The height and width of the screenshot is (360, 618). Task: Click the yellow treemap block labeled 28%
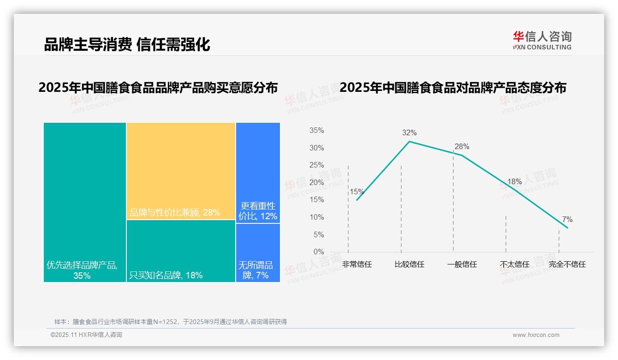point(181,171)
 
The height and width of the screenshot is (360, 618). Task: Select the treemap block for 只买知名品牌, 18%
point(181,251)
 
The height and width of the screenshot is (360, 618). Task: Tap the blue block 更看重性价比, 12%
point(258,173)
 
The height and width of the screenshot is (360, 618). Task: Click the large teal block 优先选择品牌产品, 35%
point(85,202)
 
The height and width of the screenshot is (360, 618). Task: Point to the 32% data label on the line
point(409,133)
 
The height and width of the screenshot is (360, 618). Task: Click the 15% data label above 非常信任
point(357,192)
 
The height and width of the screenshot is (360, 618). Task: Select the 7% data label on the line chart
point(567,219)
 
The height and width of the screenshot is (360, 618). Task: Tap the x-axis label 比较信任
point(409,264)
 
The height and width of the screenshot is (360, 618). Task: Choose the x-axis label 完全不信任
point(567,264)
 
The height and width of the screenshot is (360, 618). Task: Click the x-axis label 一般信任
point(462,264)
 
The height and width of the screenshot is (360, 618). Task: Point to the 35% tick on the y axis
point(317,131)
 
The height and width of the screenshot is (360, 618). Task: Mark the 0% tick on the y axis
point(319,252)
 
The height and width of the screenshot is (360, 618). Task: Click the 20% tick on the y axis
point(317,183)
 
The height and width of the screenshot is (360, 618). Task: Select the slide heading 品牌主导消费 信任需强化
point(127,44)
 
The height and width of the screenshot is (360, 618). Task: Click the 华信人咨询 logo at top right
point(542,40)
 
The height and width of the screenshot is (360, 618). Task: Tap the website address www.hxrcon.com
point(536,335)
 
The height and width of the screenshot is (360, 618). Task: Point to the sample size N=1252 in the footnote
point(165,322)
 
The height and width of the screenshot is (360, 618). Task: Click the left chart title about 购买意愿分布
point(158,87)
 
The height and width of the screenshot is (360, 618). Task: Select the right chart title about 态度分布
point(453,87)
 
